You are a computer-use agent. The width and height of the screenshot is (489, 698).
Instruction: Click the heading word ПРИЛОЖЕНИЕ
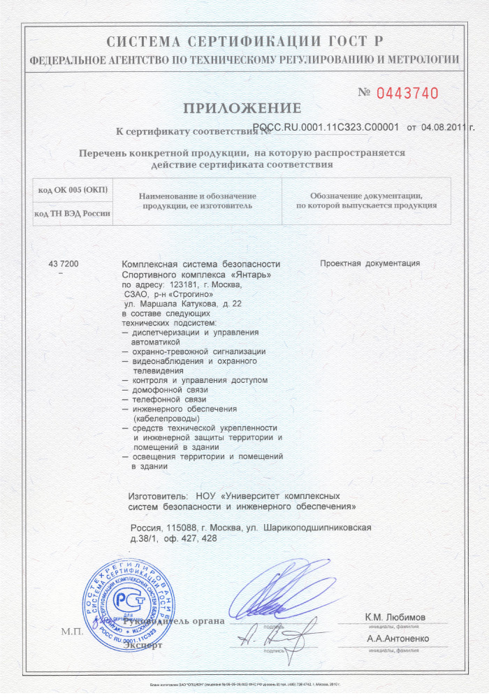(x=242, y=108)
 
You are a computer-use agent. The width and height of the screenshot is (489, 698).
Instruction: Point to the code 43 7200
(x=64, y=264)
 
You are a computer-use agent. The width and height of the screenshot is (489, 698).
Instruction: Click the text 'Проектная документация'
(x=370, y=264)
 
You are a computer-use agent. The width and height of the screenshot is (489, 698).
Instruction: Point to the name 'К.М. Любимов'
(x=396, y=617)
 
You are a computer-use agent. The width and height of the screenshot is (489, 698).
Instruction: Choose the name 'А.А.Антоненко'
(x=397, y=639)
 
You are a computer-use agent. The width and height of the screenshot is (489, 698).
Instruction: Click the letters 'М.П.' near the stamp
(x=71, y=632)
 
